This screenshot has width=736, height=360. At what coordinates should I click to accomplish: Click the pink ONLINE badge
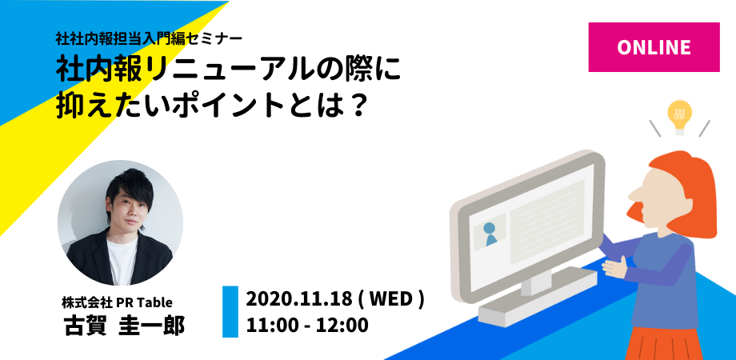(654, 46)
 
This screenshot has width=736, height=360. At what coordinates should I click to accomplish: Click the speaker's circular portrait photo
(121, 223)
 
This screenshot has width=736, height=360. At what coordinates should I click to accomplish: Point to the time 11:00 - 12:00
(307, 326)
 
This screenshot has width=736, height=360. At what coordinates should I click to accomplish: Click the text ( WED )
(391, 300)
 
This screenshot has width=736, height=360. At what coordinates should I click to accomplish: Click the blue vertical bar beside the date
(230, 312)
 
